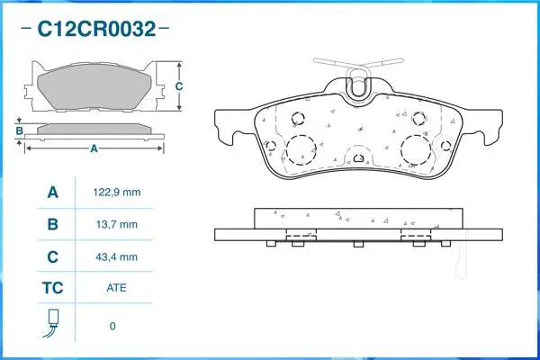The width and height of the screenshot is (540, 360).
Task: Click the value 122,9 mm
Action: tap(116, 193)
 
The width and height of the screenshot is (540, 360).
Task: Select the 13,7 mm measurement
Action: tap(116, 224)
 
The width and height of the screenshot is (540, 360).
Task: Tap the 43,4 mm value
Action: tap(116, 256)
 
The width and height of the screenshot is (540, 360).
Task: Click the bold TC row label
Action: tap(52, 289)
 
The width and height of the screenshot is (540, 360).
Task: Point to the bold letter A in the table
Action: tap(52, 193)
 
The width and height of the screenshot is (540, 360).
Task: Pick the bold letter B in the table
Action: tap(52, 224)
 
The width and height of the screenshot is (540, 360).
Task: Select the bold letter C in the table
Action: tap(52, 256)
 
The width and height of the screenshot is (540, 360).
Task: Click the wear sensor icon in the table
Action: tap(52, 324)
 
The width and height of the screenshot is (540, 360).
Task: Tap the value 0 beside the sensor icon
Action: tap(112, 325)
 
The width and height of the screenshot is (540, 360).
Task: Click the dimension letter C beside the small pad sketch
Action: tap(179, 86)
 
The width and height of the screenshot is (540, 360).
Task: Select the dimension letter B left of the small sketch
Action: tap(19, 130)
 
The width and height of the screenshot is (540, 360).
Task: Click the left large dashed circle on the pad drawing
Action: tap(301, 148)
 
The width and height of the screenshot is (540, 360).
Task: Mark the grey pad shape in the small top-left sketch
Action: tap(94, 88)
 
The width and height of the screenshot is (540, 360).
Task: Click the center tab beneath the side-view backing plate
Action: tap(357, 244)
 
